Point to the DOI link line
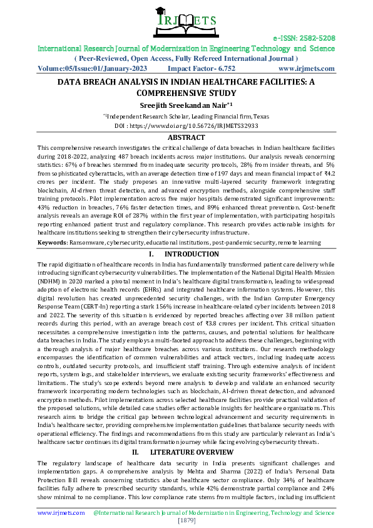[186, 125]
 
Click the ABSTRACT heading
[186, 137]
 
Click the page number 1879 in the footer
[186, 520]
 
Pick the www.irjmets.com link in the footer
[61, 512]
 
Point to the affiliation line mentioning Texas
[186, 116]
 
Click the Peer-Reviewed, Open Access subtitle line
[186, 58]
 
